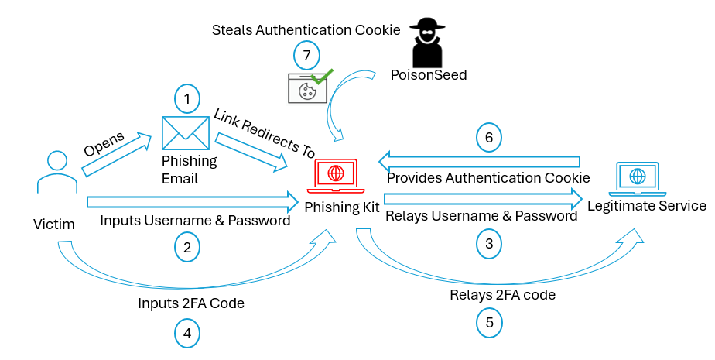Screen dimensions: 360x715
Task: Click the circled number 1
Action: tap(186, 99)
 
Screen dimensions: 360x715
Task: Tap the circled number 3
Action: tap(488, 242)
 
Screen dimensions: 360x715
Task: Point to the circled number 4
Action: tap(186, 333)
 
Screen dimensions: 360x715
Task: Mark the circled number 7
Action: tap(306, 56)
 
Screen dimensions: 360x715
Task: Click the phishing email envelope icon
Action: tap(186, 132)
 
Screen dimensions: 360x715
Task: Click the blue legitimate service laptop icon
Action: tap(637, 180)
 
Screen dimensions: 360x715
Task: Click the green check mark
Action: tap(321, 77)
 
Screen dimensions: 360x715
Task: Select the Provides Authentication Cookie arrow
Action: tap(479, 163)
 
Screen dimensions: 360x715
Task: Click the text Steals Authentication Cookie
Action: tap(306, 30)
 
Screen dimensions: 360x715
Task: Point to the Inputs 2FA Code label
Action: tap(191, 303)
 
